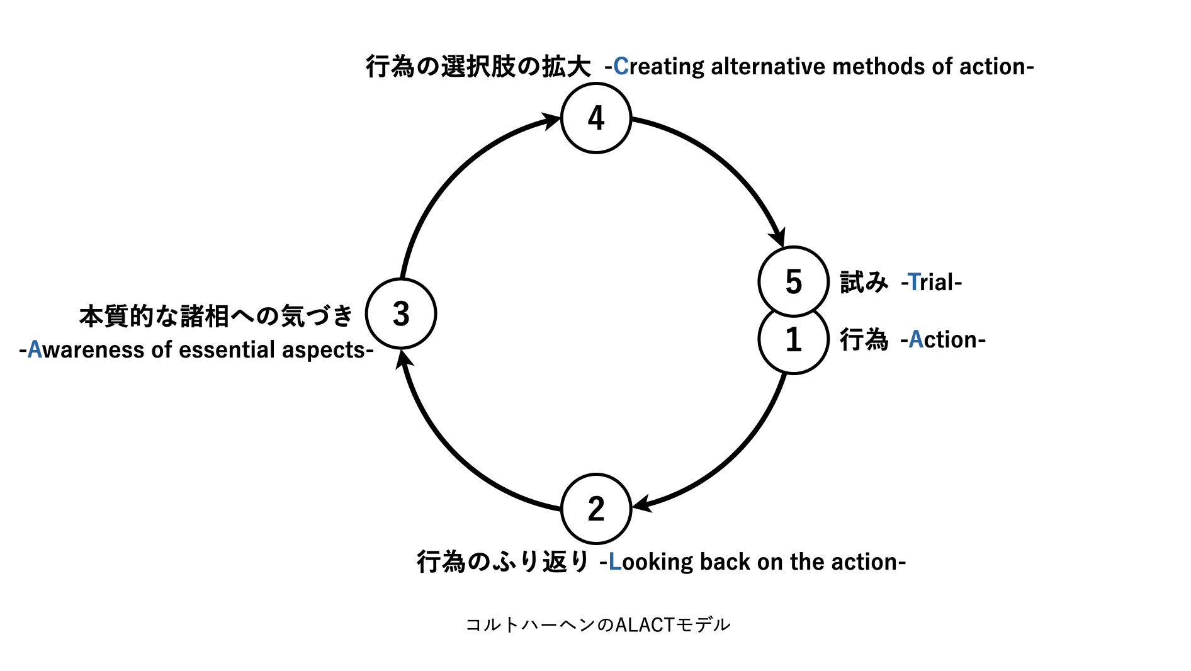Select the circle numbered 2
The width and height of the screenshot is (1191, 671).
pos(595,509)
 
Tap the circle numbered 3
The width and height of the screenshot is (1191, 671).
pos(401,313)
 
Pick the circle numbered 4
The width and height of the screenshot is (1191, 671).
pos(595,118)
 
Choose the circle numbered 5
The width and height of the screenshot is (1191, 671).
pos(793,281)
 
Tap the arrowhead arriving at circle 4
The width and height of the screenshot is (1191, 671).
pos(551,119)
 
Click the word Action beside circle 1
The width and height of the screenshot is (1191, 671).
pos(942,340)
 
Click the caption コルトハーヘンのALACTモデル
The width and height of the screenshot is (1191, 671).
pos(597,624)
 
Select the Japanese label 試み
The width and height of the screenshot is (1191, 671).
pos(864,282)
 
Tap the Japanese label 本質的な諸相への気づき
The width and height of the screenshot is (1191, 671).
pos(216,316)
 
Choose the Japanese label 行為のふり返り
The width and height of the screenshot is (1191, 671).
pos(502,561)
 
